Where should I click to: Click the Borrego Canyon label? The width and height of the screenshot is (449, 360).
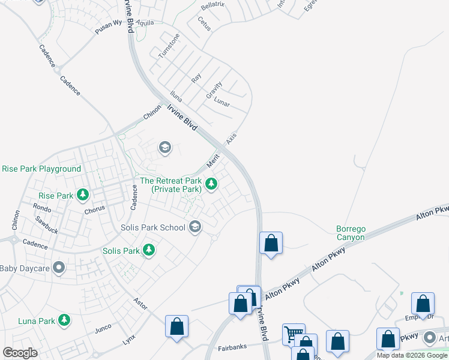[x=350, y=233]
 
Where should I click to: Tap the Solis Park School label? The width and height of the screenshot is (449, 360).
[x=152, y=227]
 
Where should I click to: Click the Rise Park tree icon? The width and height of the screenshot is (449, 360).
[x=83, y=195]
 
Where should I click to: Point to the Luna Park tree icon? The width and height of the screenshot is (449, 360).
[x=64, y=321]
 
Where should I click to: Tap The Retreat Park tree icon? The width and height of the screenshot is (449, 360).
[x=211, y=185]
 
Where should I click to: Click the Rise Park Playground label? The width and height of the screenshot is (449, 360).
[x=41, y=169]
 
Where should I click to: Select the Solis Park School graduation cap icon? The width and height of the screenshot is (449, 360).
[x=194, y=227]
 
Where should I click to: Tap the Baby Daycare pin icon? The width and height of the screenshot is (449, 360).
[x=58, y=268]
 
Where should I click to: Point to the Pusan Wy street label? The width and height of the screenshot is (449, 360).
[x=109, y=26]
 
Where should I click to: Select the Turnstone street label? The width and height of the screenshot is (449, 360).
[x=169, y=46]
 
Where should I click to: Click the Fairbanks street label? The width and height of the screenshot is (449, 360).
[x=232, y=347]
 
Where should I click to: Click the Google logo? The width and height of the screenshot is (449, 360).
[x=20, y=353]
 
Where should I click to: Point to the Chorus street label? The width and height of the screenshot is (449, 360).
[x=94, y=209]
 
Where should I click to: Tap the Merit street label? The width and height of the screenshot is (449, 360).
[x=213, y=160]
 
